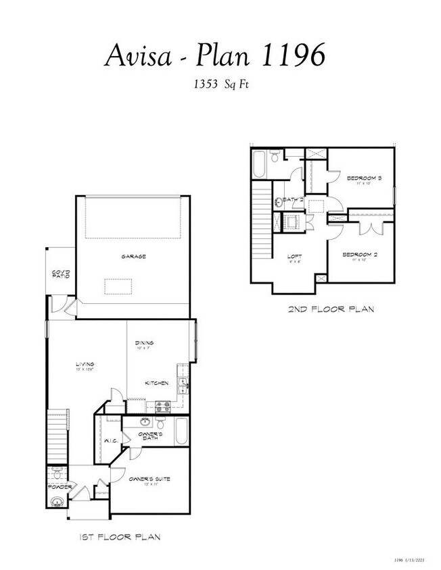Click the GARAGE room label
(x=134, y=257)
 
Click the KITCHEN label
(x=157, y=383)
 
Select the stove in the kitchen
(x=163, y=406)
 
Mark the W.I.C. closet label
(x=111, y=442)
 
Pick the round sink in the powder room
(x=58, y=501)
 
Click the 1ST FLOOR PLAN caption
(x=119, y=538)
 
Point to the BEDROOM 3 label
(x=365, y=178)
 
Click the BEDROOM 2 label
(x=359, y=255)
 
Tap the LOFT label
(x=294, y=257)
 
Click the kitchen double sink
(x=183, y=384)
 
